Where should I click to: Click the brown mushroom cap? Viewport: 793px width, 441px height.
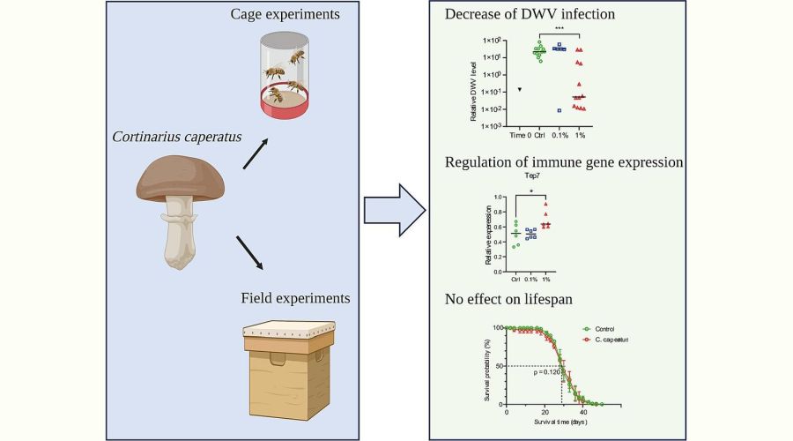(x=182, y=176)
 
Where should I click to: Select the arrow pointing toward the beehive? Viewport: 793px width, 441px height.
(x=256, y=252)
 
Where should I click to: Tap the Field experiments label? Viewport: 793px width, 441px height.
(x=295, y=297)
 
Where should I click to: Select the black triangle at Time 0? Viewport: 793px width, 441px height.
(x=521, y=89)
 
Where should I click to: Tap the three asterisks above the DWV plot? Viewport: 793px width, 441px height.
(x=559, y=29)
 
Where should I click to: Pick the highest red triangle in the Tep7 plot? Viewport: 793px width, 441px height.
(x=545, y=205)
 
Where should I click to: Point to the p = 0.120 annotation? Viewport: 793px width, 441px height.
(x=548, y=371)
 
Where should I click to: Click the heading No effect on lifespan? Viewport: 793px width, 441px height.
(x=510, y=299)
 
